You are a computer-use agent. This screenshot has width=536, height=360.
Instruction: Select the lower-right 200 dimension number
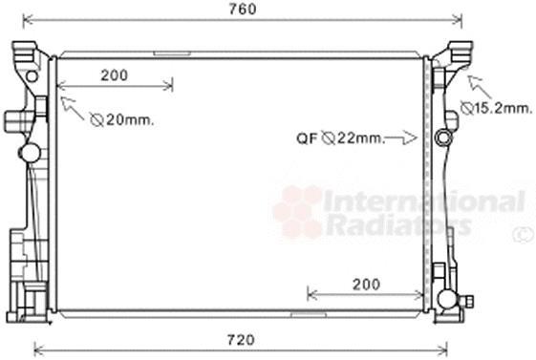(366, 284)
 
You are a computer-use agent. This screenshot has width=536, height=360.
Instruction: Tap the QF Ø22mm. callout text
(339, 138)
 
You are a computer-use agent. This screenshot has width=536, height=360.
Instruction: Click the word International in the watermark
(424, 201)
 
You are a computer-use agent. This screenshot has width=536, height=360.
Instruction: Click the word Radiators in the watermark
(399, 225)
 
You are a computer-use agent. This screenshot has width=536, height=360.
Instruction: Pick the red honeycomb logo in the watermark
(298, 211)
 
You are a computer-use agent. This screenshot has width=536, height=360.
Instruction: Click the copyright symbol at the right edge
(525, 234)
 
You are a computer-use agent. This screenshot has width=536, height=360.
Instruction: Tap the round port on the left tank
(30, 152)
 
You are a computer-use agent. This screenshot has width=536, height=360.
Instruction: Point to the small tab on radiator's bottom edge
(306, 312)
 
